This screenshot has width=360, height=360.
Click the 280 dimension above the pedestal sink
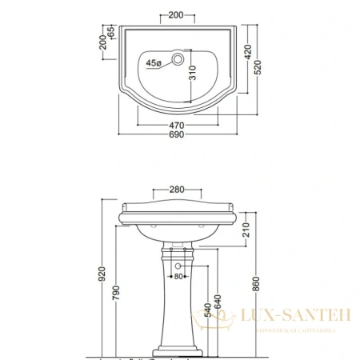(x=178, y=190)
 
